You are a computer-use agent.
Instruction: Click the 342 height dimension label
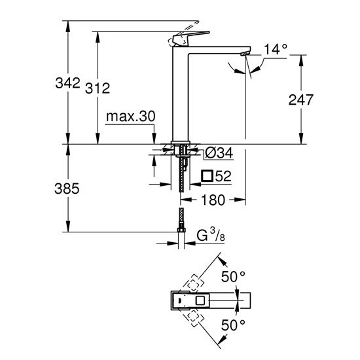[67, 83]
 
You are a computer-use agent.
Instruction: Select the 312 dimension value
[98, 88]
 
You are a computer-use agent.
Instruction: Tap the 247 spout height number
[301, 99]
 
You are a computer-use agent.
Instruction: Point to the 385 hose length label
[67, 189]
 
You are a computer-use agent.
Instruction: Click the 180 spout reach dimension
[213, 200]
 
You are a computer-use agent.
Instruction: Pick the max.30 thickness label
[131, 117]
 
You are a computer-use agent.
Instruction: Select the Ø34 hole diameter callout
[219, 153]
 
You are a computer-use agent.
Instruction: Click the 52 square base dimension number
[223, 176]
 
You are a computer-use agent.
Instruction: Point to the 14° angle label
[276, 49]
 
